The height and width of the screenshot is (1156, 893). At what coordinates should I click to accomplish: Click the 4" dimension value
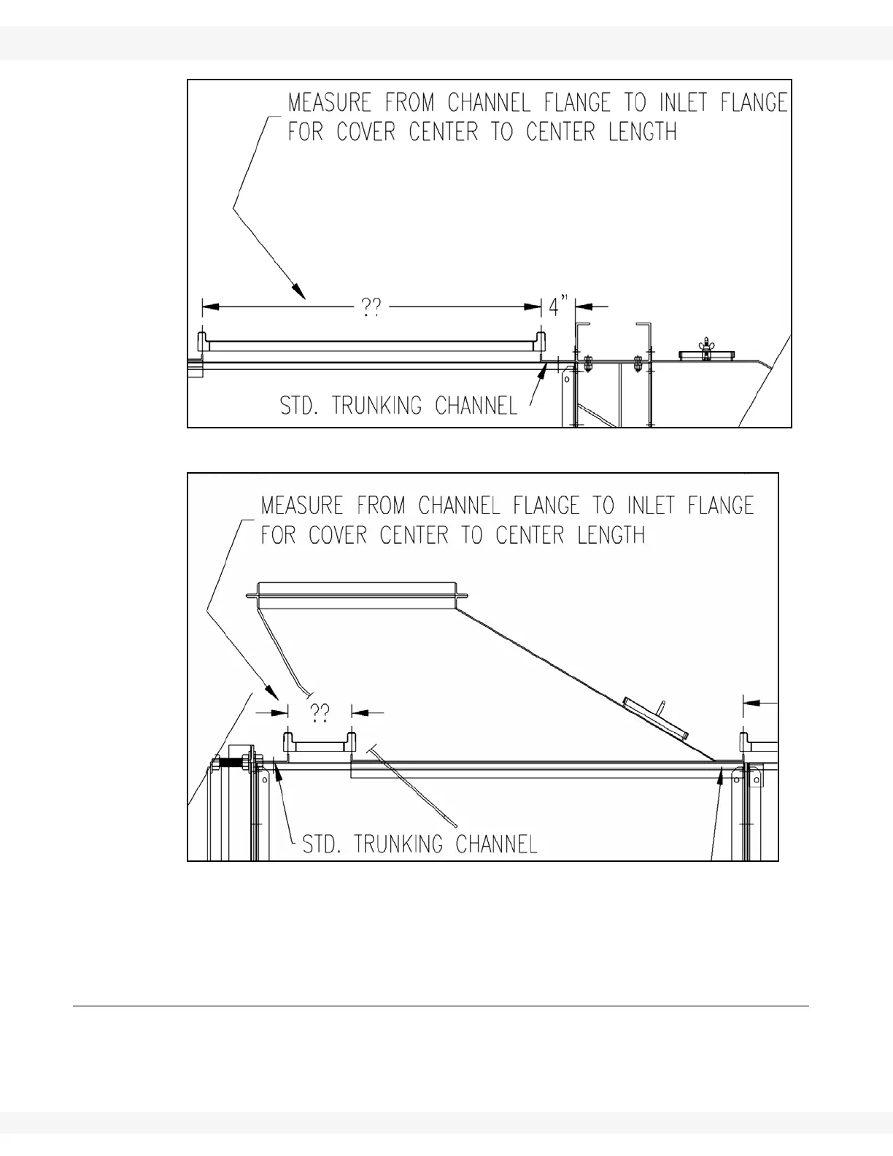(558, 307)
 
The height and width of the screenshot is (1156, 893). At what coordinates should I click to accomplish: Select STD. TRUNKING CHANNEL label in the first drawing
(399, 406)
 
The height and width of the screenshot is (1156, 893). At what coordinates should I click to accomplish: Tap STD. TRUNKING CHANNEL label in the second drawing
(420, 844)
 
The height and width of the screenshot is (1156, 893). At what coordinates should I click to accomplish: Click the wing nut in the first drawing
(705, 346)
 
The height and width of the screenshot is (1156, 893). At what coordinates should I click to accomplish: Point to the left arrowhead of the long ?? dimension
(207, 307)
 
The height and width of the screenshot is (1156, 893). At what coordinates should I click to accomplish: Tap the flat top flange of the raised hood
(357, 587)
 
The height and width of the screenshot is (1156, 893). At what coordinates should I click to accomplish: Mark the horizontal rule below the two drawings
(441, 1006)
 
